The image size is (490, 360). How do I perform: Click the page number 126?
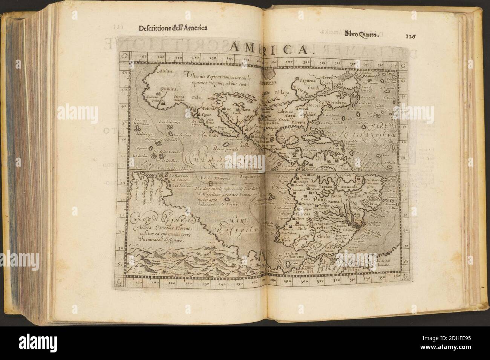(x=411, y=37)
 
